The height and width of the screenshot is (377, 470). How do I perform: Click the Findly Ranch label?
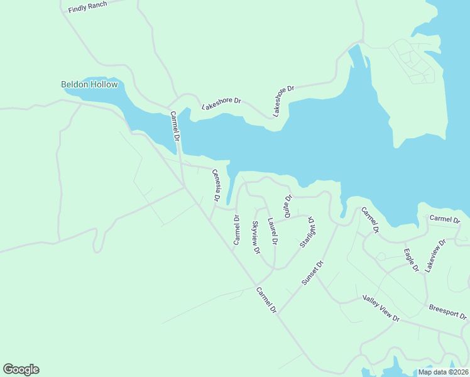point(88,7)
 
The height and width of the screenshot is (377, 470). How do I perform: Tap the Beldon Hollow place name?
point(89,84)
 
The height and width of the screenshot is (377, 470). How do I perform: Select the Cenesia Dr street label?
point(217,185)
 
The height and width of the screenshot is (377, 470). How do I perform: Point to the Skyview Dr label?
point(256,238)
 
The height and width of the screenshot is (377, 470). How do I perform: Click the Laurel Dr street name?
point(273,231)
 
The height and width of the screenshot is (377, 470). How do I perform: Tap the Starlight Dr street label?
point(307,232)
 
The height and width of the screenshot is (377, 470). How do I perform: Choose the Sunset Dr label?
point(312,273)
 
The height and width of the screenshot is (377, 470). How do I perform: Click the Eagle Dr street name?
point(412,260)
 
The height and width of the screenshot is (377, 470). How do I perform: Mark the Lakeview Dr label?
point(435,254)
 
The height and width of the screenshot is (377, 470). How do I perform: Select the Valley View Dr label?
point(381,309)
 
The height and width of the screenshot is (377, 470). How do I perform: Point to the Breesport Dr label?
point(448,312)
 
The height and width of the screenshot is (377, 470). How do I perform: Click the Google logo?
point(21,369)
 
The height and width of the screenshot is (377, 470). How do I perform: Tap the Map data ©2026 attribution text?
point(442,372)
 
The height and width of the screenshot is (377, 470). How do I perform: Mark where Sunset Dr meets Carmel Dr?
point(278,312)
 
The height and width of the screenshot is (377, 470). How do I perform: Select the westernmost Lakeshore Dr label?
point(221,103)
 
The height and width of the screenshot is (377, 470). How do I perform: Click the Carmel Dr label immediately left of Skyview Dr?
point(237,230)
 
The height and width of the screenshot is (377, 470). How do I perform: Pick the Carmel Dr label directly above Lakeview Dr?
point(445,219)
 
